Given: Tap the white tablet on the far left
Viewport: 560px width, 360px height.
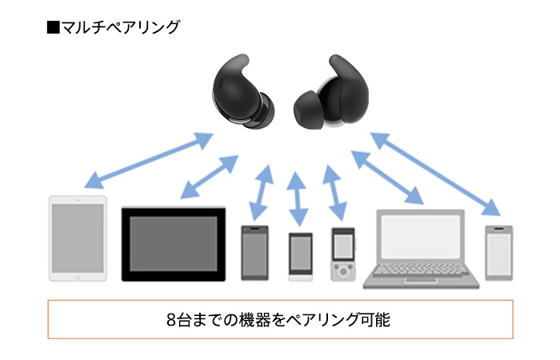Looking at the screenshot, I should [x=77, y=238].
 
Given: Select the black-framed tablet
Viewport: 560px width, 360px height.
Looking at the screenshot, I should [x=173, y=244].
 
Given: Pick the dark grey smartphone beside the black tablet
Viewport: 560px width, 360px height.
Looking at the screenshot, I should [x=255, y=252].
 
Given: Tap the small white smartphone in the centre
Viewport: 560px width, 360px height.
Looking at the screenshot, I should [x=300, y=256].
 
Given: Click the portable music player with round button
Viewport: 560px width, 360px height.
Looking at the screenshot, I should [x=343, y=254].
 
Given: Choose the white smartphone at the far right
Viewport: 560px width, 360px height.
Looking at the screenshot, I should [x=498, y=251].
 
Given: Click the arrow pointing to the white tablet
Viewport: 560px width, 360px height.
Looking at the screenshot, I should [x=149, y=159].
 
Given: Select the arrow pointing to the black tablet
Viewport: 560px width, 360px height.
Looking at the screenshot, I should [x=209, y=176].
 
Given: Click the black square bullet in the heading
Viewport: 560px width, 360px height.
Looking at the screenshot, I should [x=54, y=27].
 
